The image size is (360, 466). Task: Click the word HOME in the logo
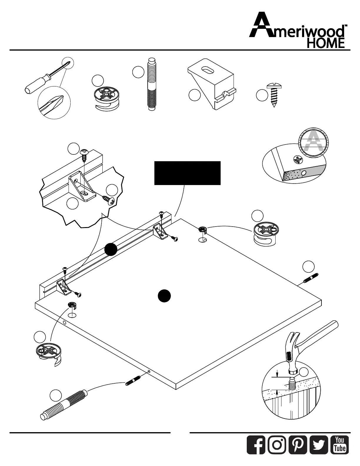pos(326,44)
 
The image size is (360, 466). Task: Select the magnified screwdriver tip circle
pos(54,101)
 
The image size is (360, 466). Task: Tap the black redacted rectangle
pos(187,173)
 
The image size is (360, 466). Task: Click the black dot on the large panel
pos(164,296)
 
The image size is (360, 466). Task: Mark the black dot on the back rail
pos(111,249)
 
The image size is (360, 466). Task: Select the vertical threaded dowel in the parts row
pos(151,84)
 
